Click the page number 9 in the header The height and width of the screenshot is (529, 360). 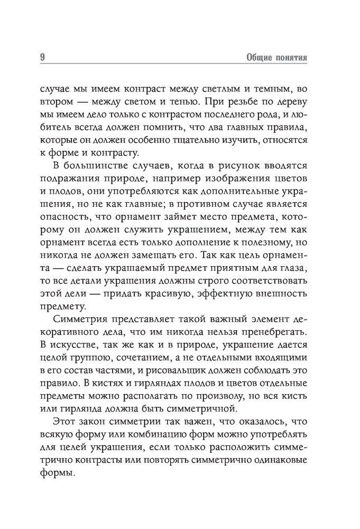(x=42, y=57)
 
